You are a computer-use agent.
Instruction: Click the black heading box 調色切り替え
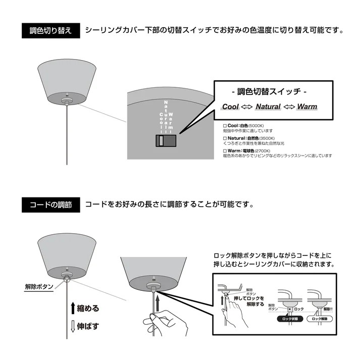pos(50,31)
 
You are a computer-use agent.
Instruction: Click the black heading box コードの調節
pos(50,205)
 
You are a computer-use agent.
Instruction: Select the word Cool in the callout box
pos(231,107)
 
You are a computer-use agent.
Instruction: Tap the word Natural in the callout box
pos(268,107)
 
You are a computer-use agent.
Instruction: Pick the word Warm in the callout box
pos(307,107)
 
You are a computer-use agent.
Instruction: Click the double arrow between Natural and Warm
pos(288,107)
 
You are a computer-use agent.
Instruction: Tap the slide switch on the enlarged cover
pos(165,141)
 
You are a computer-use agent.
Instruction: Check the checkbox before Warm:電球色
pos(225,150)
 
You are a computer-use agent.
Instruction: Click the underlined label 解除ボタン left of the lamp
pos(39,287)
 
